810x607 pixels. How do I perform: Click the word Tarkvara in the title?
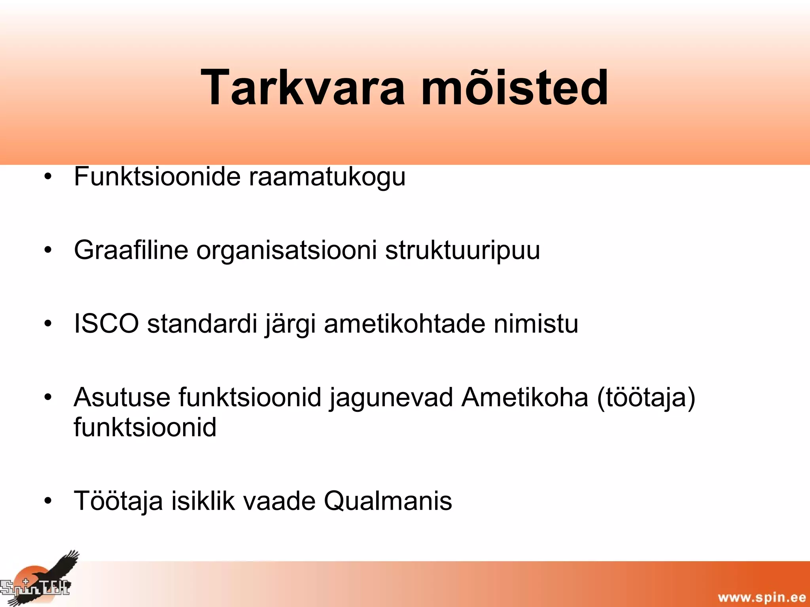click(303, 88)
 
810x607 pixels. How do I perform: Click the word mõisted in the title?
click(514, 88)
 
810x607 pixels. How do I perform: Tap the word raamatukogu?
click(327, 177)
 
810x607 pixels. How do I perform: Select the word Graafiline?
click(131, 250)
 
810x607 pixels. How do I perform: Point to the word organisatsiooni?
click(286, 251)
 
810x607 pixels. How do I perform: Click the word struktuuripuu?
click(462, 251)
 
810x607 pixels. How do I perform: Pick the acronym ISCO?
click(106, 324)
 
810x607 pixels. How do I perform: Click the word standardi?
click(202, 324)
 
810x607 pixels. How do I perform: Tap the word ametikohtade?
click(404, 324)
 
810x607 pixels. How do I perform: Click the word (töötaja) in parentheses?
click(646, 398)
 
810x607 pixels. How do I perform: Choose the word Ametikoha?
click(524, 397)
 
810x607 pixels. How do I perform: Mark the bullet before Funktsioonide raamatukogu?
click(48, 177)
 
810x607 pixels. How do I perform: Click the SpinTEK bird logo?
click(40, 579)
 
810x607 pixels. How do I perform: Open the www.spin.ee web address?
click(762, 597)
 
